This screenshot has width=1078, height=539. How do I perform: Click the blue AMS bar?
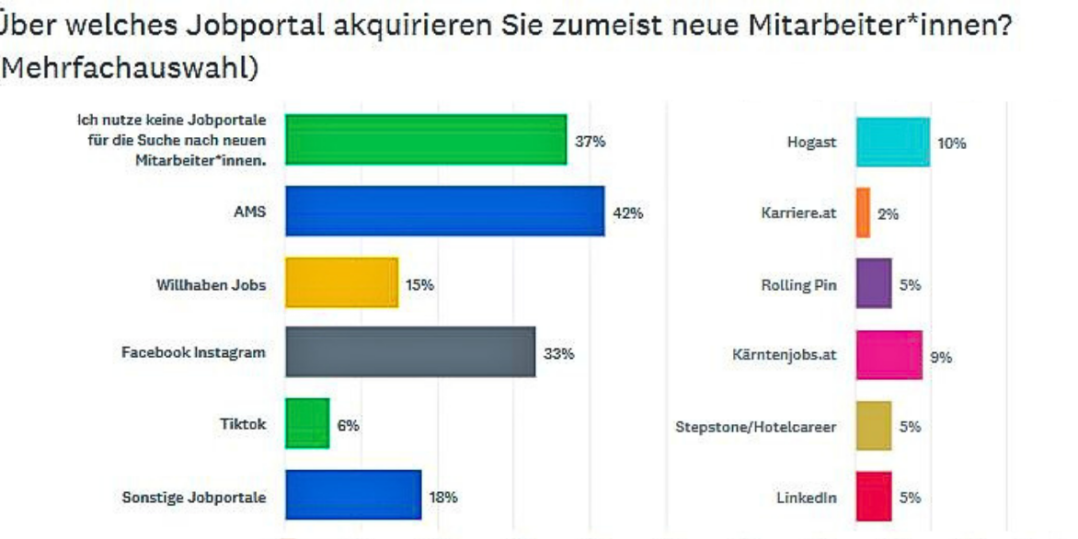[445, 211]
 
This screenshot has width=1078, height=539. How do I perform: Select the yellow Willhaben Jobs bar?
[341, 282]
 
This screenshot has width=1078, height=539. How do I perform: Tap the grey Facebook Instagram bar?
[410, 351]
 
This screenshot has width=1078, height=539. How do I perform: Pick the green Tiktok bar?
[307, 423]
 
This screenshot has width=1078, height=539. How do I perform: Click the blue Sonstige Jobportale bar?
[353, 495]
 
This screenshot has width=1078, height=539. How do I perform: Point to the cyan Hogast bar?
[892, 143]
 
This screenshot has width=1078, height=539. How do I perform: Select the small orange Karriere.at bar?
[863, 212]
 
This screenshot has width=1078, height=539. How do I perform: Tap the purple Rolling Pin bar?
[874, 283]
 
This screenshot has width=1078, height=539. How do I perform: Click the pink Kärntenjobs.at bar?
[889, 355]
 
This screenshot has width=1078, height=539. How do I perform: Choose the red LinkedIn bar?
[874, 496]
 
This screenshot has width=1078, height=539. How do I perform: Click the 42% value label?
[628, 212]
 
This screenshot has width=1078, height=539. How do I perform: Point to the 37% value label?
[591, 142]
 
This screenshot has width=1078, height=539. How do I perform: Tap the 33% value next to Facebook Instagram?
[559, 354]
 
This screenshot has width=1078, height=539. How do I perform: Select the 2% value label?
[888, 214]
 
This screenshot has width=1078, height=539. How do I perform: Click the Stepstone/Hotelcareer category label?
[756, 427]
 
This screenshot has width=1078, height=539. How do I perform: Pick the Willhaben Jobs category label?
[211, 284]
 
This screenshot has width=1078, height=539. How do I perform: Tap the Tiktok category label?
[243, 424]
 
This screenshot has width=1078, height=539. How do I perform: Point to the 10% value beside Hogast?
[951, 143]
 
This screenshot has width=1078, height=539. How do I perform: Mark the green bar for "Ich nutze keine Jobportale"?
[426, 140]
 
